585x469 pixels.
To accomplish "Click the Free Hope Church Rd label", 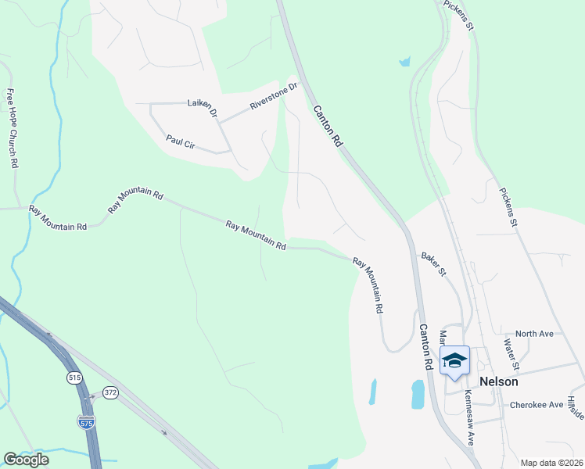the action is [x=13, y=129].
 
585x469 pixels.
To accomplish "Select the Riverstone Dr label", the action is [x=275, y=97].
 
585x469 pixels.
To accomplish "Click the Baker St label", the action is [x=433, y=263].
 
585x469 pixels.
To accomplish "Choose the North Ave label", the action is [x=535, y=334].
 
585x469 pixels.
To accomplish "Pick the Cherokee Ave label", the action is [x=537, y=405].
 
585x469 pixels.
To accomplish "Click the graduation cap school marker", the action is [x=454, y=361].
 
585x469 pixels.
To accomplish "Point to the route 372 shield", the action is [x=110, y=392].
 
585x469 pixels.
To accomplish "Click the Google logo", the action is [x=26, y=460].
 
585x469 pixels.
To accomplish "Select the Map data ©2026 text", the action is [x=551, y=462].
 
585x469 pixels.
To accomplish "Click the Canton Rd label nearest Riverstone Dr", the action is [x=328, y=127].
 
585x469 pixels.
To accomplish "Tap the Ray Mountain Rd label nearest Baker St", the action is [x=368, y=285].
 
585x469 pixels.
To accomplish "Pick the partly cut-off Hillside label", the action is [x=576, y=407].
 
